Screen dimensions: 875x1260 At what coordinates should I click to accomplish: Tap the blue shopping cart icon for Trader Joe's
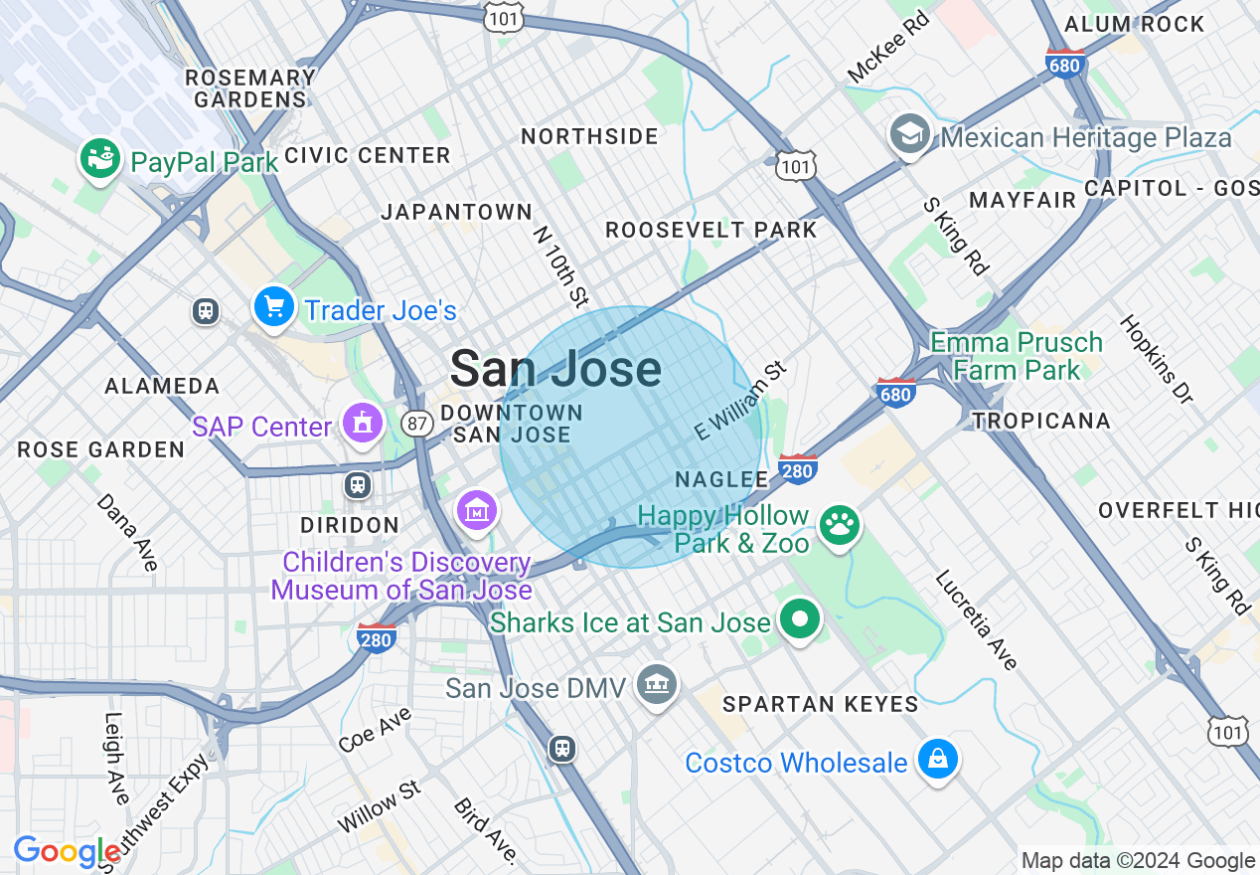coord(273,306)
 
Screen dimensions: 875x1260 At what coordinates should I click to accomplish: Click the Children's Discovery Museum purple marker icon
coord(477,510)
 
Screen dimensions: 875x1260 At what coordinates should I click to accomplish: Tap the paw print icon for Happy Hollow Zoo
coord(840,524)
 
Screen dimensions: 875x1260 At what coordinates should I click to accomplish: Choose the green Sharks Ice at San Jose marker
coord(799,618)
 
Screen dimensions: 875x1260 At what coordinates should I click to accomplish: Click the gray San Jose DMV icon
coord(656,684)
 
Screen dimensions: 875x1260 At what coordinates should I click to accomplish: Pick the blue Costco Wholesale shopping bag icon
coord(937,760)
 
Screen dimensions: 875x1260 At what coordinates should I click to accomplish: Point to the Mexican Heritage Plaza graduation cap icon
coord(909,134)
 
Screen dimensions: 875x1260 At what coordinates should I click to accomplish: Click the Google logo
coord(66,851)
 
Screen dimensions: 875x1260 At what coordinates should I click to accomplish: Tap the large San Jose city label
coord(555,369)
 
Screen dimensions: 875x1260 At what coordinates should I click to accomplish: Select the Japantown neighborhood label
coord(457,212)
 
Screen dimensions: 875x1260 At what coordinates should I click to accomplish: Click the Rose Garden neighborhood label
coord(101,449)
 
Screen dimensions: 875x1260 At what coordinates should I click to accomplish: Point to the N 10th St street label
coord(561,265)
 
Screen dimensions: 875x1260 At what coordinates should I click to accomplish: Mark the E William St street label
coord(740,401)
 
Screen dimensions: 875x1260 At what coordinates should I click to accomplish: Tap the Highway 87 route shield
coord(416,424)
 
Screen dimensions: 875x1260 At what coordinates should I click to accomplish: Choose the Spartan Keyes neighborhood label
coord(820,704)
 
